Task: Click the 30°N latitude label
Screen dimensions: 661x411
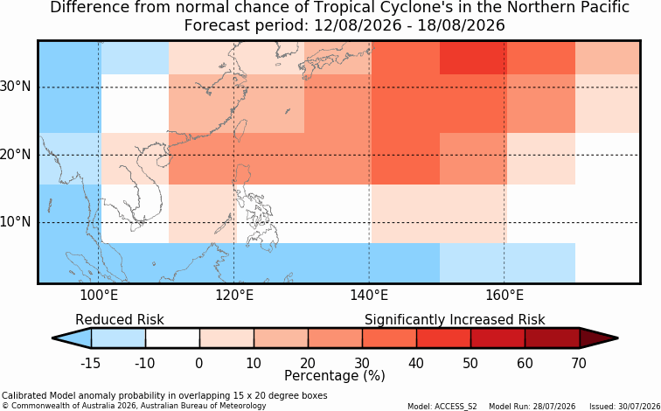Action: coord(15,87)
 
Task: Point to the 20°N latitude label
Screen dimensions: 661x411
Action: coord(15,155)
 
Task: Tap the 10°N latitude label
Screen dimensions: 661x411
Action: coord(15,222)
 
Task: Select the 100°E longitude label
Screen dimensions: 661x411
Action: coord(99,296)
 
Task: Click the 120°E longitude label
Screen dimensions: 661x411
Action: coord(234,296)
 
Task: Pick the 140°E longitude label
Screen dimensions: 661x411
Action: coord(369,296)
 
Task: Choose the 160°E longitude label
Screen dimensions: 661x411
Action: coord(504,296)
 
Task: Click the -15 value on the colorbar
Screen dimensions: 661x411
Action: coord(90,363)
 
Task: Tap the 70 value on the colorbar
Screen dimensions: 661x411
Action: coord(579,363)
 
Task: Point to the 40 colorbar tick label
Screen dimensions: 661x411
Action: coord(416,363)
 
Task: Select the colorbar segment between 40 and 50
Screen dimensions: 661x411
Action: coord(443,338)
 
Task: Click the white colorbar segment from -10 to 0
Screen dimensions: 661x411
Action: coord(172,338)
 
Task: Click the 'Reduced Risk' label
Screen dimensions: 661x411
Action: coord(119,320)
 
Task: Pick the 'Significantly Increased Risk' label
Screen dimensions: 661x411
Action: coord(455,320)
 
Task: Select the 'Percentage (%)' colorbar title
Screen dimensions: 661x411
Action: coord(335,376)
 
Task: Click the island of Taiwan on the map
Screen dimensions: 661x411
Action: coord(240,129)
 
